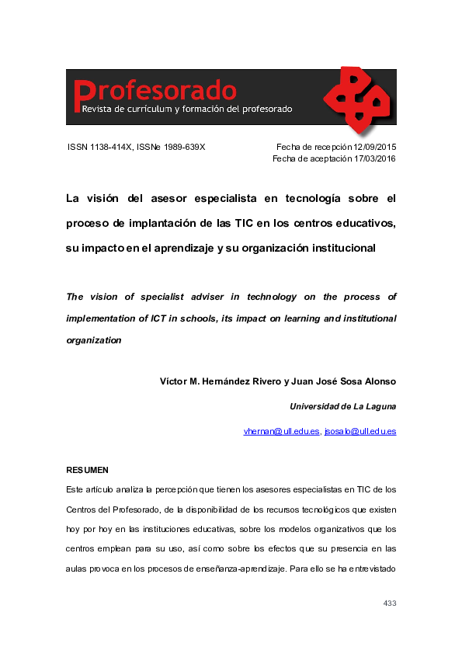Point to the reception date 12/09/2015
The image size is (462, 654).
tap(374, 147)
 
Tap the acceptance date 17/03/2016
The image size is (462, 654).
tap(375, 158)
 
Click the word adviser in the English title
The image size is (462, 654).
tap(218, 297)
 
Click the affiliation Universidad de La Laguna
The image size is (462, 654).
tap(342, 406)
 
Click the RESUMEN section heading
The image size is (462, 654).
tap(87, 470)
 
